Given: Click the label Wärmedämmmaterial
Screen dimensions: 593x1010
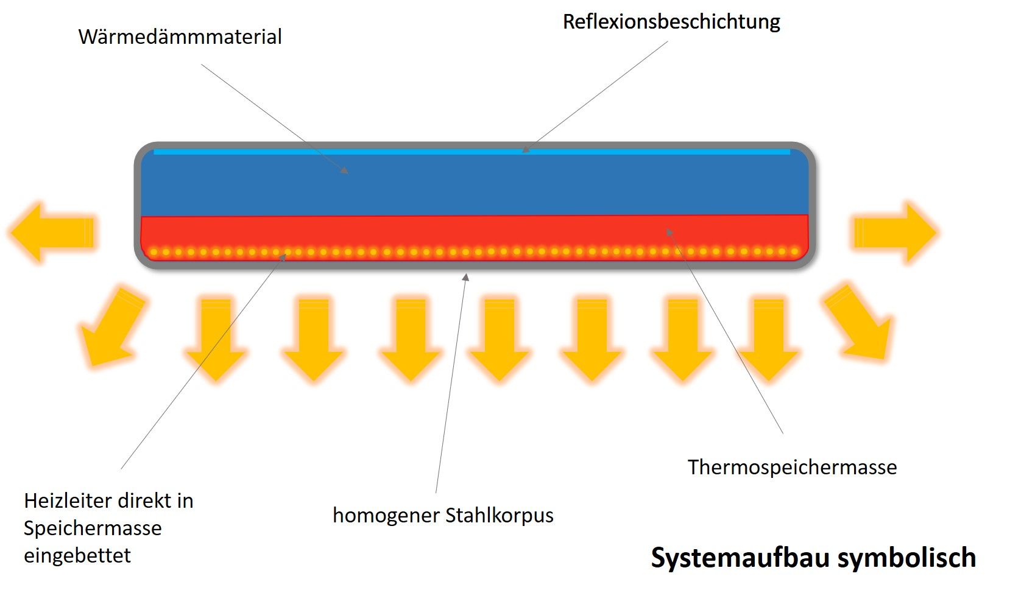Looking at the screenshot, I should tap(180, 37).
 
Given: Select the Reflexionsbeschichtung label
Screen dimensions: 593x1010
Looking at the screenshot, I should tap(671, 22).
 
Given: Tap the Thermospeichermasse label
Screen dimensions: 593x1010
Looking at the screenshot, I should tap(792, 468).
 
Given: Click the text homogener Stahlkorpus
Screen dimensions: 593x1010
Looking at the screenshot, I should tap(443, 516).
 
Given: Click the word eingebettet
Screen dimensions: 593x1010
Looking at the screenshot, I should tap(77, 556).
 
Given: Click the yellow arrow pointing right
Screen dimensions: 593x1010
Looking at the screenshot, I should tap(894, 233).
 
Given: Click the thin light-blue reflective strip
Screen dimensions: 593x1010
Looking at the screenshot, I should tap(471, 152).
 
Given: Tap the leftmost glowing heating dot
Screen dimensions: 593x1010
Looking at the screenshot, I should tap(154, 252).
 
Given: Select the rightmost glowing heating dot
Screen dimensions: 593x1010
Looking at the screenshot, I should tap(794, 251).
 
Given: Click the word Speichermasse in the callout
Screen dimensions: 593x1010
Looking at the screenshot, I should tap(93, 528).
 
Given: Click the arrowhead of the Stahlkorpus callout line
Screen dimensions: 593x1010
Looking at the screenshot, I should tap(466, 277).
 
